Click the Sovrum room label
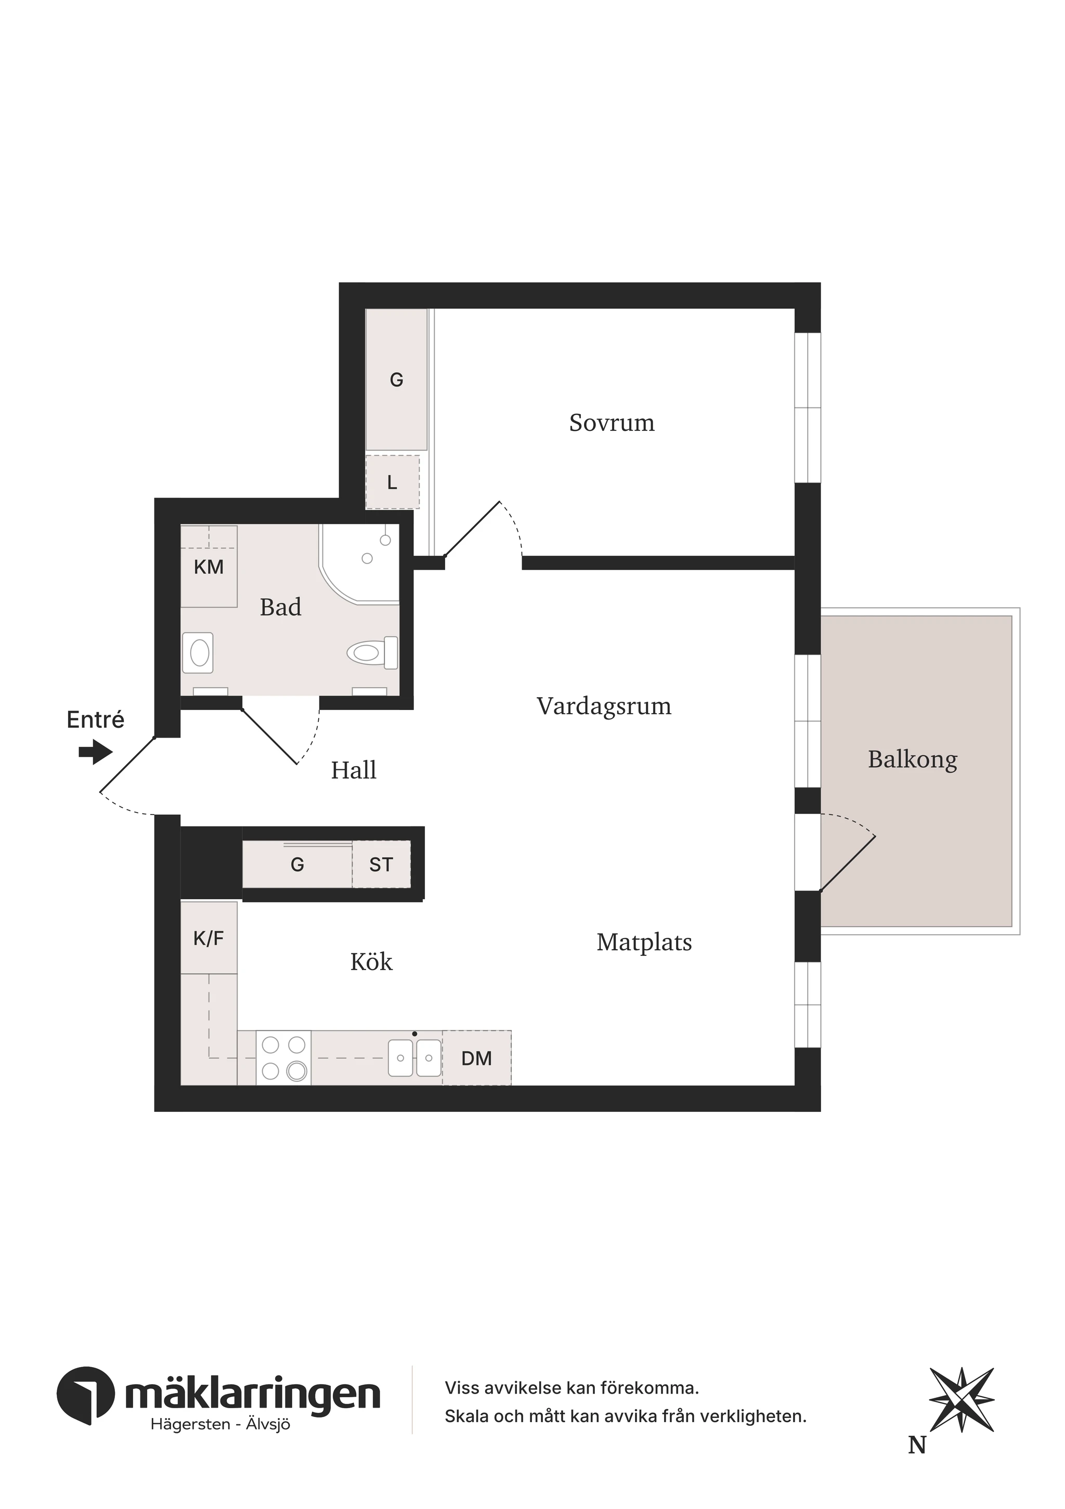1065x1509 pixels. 612,423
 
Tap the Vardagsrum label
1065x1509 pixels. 604,706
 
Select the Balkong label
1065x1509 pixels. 913,760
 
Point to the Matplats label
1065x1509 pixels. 644,942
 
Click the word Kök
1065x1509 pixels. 371,962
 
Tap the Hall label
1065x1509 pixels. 354,770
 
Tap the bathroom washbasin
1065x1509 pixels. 198,653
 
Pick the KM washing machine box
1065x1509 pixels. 209,567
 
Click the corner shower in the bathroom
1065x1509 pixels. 360,563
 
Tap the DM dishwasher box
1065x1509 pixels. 477,1058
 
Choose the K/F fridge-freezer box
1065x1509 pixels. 209,938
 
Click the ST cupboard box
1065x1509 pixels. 381,865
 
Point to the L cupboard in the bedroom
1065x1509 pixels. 393,483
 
